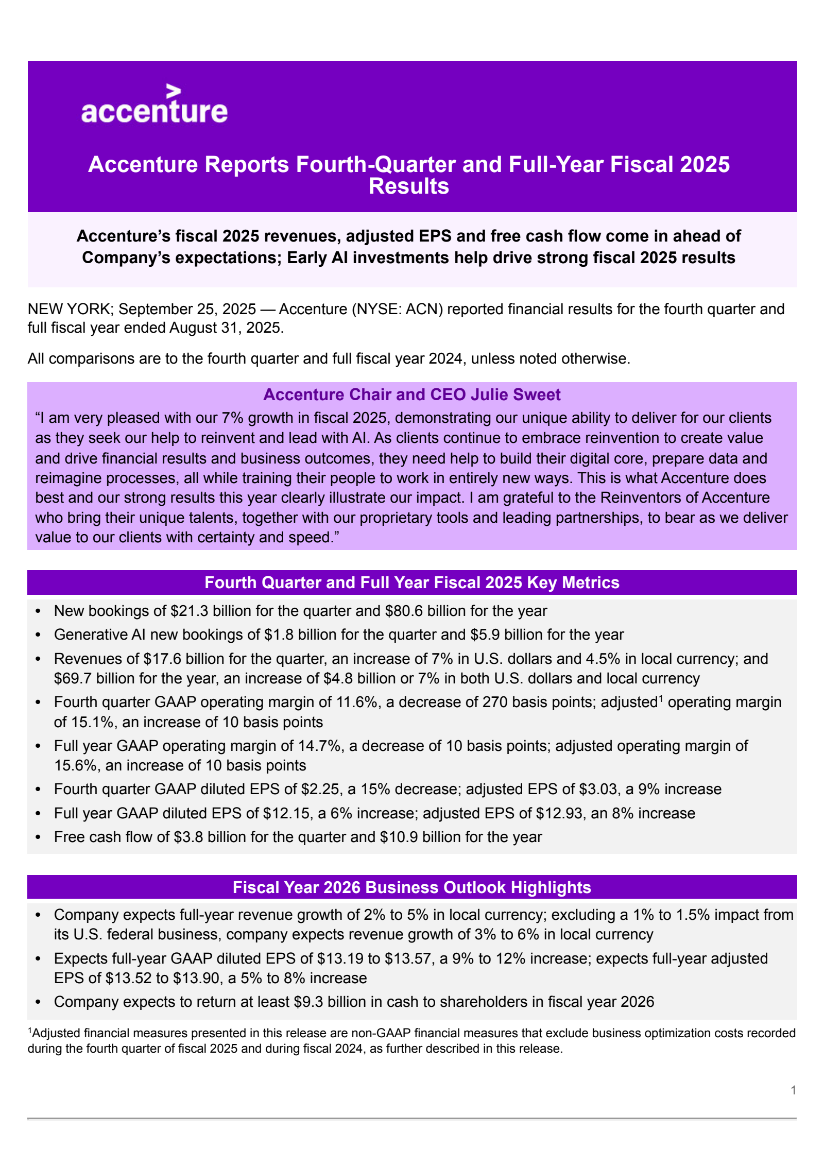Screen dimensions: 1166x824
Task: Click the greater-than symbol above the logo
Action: click(174, 92)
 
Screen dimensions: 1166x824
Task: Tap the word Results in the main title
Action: click(409, 186)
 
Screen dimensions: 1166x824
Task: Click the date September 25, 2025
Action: click(187, 309)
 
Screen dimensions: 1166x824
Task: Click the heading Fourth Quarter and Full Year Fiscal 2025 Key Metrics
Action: click(412, 582)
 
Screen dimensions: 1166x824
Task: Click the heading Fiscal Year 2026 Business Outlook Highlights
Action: click(412, 887)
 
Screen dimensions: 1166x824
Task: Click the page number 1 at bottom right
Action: click(794, 1090)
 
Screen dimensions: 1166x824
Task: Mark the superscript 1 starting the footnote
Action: click(30, 1031)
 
